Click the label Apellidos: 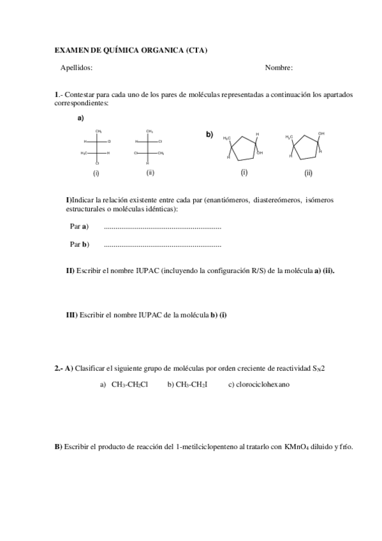click(x=77, y=68)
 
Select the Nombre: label click(x=279, y=68)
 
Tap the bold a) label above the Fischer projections click(x=81, y=118)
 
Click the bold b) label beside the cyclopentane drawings click(x=209, y=134)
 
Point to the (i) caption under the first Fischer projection click(x=96, y=173)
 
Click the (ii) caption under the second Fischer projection click(x=150, y=172)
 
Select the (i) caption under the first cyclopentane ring click(x=244, y=172)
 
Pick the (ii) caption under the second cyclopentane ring click(x=308, y=173)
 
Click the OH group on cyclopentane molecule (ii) click(x=321, y=133)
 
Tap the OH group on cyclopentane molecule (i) click(x=260, y=153)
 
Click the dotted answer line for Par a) click(x=162, y=226)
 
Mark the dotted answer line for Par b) click(x=162, y=244)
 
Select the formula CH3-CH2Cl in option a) click(x=129, y=384)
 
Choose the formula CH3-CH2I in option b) click(x=192, y=384)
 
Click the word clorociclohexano click(x=263, y=384)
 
